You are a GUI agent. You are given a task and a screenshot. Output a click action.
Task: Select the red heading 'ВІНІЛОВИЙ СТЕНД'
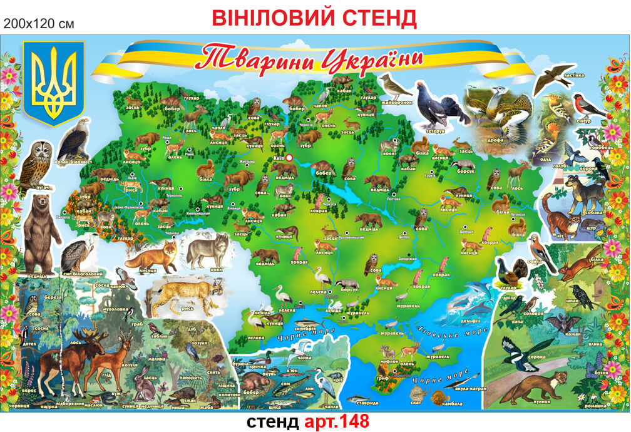314,18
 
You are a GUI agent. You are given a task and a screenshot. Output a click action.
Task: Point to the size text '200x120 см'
39,24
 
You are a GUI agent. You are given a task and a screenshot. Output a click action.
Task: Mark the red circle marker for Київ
289,158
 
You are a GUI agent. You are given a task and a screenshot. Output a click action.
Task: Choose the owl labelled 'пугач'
41,165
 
